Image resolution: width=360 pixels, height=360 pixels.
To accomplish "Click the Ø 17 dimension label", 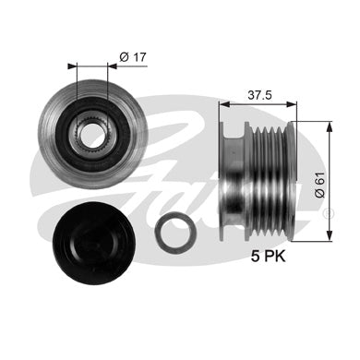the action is point(133,57).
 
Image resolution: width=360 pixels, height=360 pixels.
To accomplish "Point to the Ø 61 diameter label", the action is point(320,185).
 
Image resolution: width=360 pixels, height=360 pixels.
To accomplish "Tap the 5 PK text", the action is point(269,256).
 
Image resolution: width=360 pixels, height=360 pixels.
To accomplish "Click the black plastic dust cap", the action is point(94,244).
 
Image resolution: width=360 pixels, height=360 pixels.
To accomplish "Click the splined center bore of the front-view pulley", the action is point(91,135).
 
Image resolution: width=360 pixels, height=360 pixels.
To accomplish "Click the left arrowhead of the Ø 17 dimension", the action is point(72,66).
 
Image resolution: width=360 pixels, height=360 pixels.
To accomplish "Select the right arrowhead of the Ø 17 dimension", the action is point(113,66).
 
